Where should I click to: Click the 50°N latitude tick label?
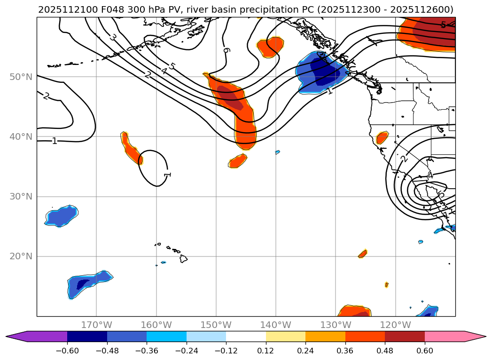(21, 77)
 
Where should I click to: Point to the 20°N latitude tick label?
(21, 256)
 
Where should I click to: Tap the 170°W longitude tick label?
(96, 325)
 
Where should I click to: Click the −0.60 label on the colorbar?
(67, 351)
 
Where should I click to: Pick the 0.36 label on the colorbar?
(345, 351)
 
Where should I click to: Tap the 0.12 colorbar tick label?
(266, 351)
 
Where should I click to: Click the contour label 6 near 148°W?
(226, 50)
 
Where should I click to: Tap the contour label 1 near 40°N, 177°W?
(55, 141)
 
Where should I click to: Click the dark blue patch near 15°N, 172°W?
(83, 284)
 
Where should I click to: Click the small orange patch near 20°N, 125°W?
(362, 254)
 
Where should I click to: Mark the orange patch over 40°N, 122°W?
(383, 137)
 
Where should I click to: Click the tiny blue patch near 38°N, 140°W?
(278, 152)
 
